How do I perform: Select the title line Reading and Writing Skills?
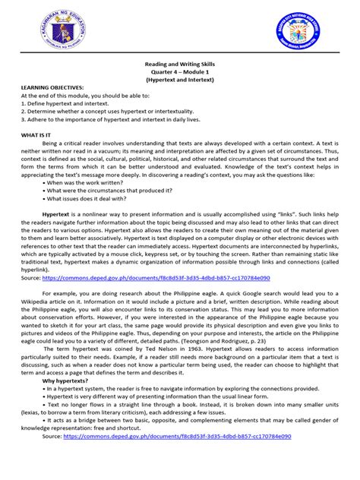pyautogui.click(x=180, y=65)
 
